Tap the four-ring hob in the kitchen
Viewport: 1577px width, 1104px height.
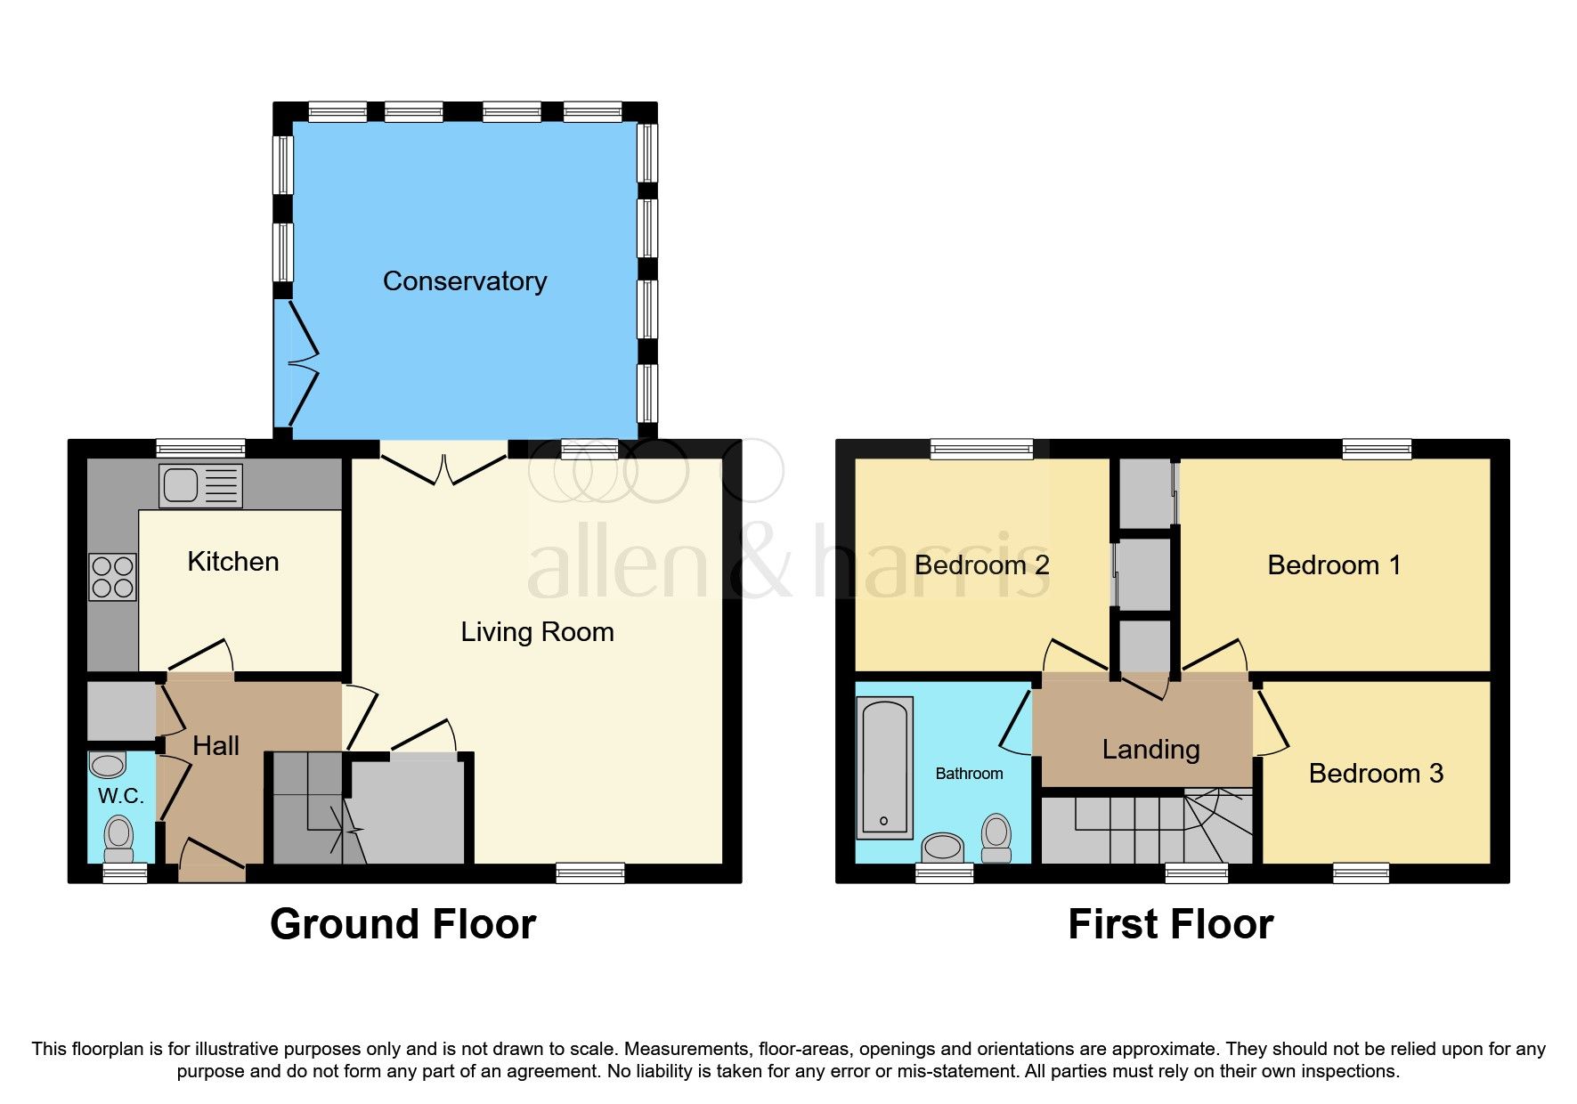click(112, 577)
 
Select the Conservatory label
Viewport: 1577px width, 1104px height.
click(464, 281)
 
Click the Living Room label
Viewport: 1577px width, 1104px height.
click(537, 632)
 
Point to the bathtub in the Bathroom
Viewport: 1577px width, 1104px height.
click(884, 767)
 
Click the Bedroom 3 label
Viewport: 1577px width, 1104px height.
click(1375, 773)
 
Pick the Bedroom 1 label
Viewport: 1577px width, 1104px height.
click(1333, 564)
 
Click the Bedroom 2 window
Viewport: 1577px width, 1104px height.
click(981, 449)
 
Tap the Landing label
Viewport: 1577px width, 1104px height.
click(1150, 750)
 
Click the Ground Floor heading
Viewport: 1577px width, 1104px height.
click(402, 924)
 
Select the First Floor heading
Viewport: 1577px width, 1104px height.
click(1170, 924)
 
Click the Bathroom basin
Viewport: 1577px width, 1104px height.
click(943, 847)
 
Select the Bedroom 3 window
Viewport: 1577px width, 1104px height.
click(1360, 873)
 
